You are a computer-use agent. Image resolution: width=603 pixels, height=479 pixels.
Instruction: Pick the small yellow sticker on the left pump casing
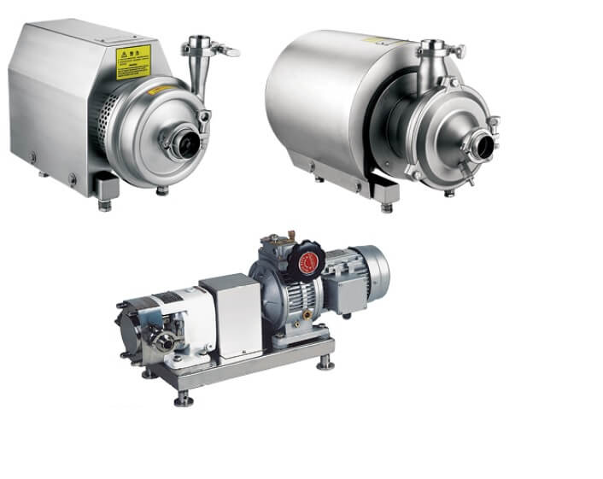coord(158,88)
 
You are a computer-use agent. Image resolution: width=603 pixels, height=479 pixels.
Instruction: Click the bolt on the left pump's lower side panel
coord(35,157)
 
